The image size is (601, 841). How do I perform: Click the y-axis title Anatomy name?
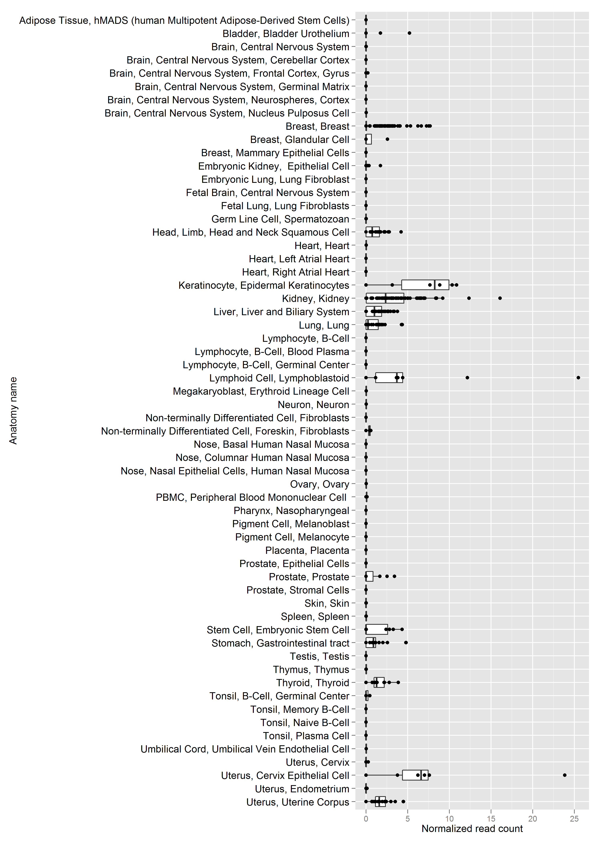click(13, 410)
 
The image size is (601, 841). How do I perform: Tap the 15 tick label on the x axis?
click(491, 818)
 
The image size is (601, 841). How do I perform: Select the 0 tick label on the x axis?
click(366, 818)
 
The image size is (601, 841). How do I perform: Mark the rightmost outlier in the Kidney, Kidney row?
click(500, 298)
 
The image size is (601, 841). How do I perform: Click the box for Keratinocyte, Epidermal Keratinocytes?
click(425, 285)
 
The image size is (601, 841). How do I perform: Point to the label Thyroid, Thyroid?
click(313, 683)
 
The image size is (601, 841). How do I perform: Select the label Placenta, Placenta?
click(307, 550)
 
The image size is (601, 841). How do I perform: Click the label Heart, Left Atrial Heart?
click(299, 259)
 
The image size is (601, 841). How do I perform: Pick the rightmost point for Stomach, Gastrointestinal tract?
click(406, 642)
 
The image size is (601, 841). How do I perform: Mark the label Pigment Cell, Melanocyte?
click(292, 537)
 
